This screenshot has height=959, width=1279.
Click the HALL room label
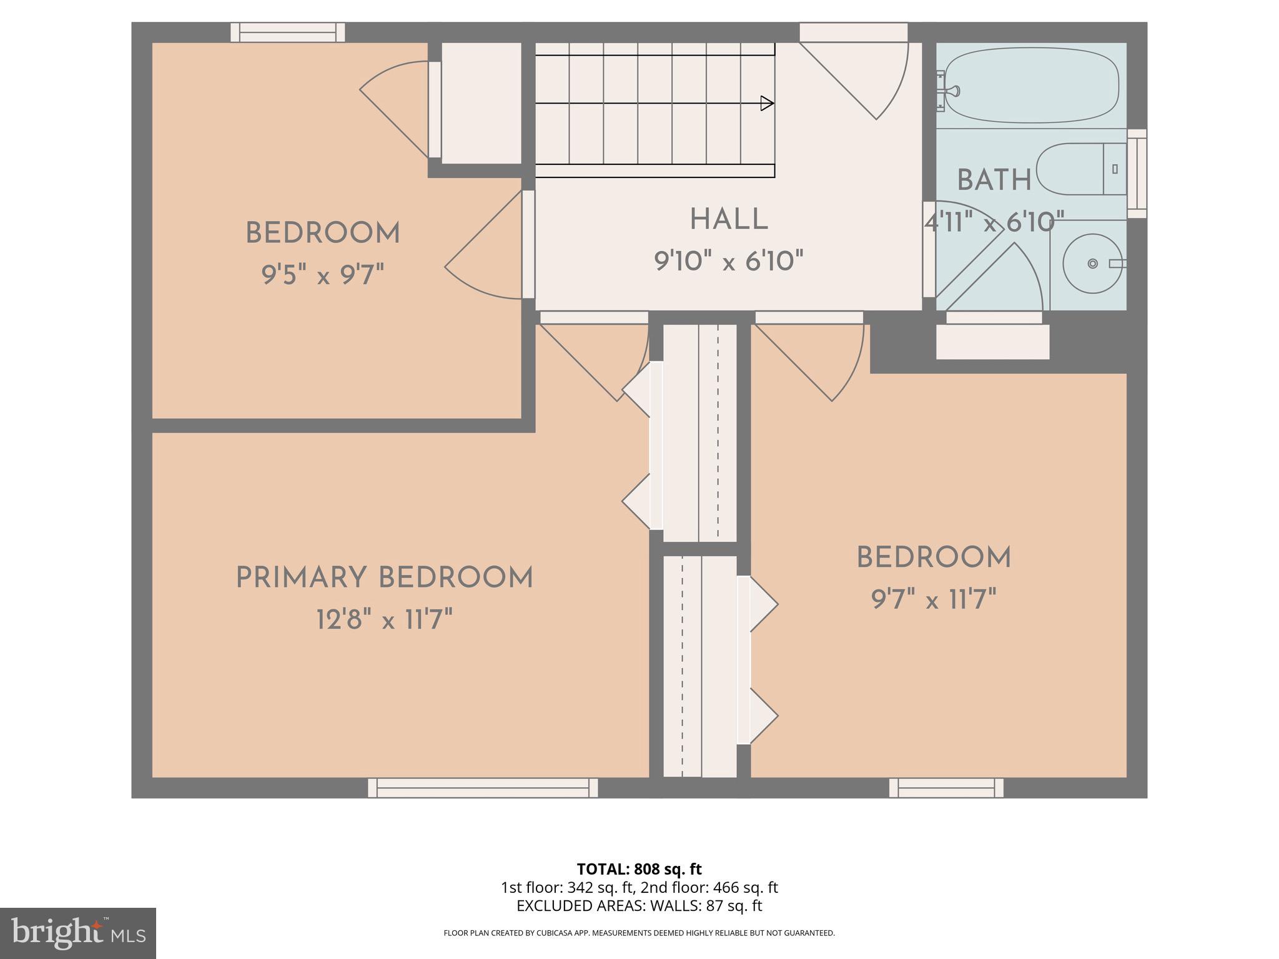click(x=728, y=220)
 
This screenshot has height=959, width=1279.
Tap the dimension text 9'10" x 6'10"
click(x=728, y=261)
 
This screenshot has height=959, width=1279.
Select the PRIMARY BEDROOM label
click(x=384, y=578)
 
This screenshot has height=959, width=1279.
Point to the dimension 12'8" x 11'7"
click(x=384, y=621)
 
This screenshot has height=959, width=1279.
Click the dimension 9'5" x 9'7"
click(x=322, y=275)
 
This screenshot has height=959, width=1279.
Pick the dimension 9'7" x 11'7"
click(x=933, y=601)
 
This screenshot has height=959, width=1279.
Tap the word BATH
click(x=994, y=181)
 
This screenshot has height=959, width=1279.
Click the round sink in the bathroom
click(x=1092, y=263)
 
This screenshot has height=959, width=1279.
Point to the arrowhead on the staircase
click(x=767, y=104)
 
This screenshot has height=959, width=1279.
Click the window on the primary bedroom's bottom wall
click(x=483, y=788)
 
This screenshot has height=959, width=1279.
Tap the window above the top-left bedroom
click(x=288, y=32)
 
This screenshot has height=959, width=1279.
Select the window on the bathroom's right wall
click(x=1137, y=174)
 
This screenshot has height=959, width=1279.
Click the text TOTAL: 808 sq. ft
click(x=639, y=869)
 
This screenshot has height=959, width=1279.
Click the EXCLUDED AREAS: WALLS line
click(x=639, y=905)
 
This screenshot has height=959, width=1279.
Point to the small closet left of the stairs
click(x=481, y=103)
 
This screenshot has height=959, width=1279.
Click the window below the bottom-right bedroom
click(x=946, y=788)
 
